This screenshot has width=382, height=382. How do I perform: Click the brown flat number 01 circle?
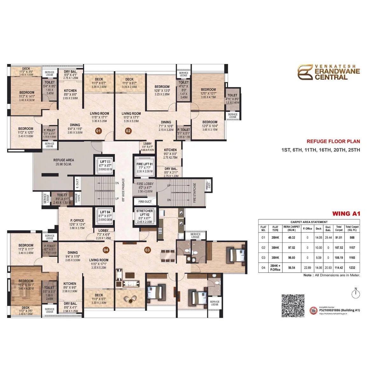[x=99, y=131]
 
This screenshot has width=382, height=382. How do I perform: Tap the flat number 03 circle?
[x=147, y=250]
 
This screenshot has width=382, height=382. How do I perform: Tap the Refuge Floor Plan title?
[x=333, y=141]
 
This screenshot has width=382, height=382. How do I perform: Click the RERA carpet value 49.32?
[x=292, y=237]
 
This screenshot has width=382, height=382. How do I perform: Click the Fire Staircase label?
[x=195, y=193]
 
